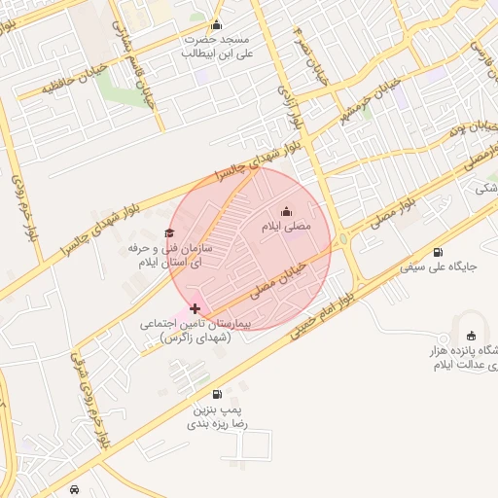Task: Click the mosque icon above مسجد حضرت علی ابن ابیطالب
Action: (x=216, y=25)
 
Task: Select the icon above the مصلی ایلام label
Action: (x=286, y=211)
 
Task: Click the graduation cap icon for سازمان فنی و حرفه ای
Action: (x=169, y=233)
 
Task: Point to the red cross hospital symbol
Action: (x=195, y=308)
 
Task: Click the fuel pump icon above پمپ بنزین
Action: (x=216, y=394)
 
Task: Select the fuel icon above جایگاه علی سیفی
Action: (x=438, y=252)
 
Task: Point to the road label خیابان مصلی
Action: (x=280, y=276)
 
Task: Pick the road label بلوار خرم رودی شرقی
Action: (x=91, y=400)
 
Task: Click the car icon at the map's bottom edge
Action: (x=75, y=489)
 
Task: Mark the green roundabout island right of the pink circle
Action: (x=342, y=236)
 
